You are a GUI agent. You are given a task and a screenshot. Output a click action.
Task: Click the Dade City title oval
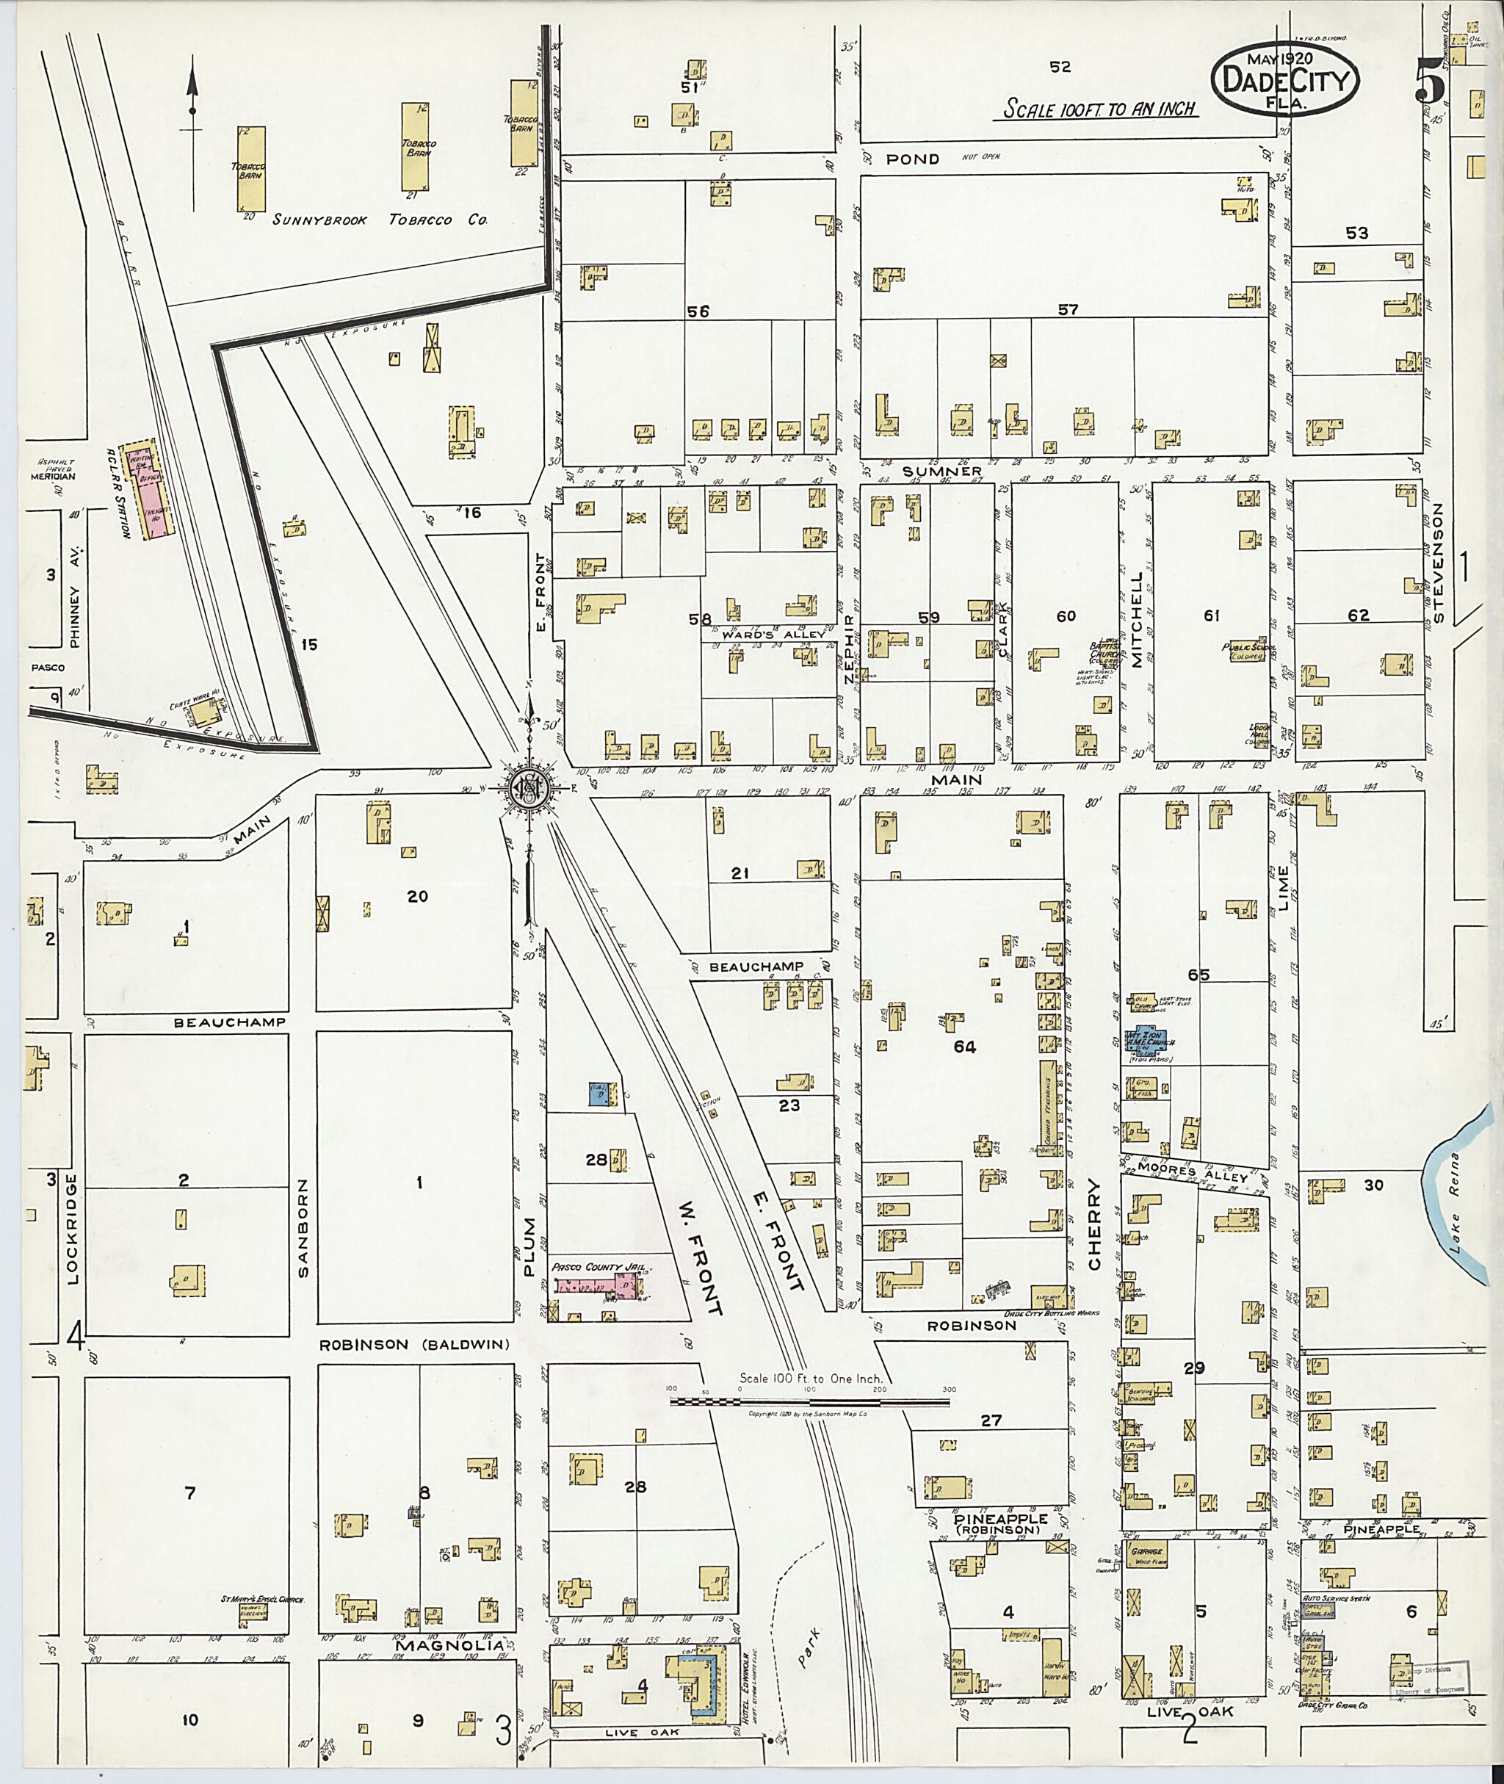click(x=1283, y=79)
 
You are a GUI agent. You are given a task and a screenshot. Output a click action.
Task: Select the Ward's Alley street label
click(x=773, y=635)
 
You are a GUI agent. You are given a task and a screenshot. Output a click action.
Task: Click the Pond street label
click(x=912, y=159)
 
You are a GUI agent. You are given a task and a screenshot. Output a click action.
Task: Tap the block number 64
click(x=964, y=1047)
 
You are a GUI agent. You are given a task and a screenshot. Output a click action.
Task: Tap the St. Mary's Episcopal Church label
click(x=263, y=1602)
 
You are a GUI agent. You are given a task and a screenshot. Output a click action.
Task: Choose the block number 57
click(x=1068, y=309)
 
